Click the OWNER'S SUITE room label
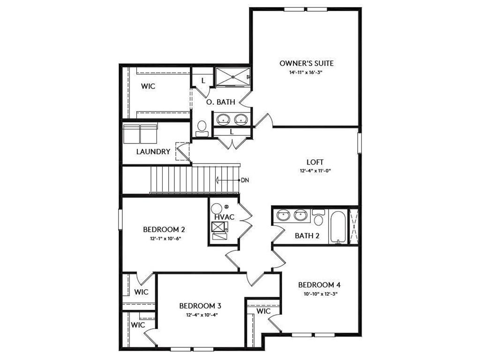coord(307,63)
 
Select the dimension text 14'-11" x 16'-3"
coord(307,73)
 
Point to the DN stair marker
coord(244,180)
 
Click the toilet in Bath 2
coord(318,218)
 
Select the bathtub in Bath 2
coord(337,227)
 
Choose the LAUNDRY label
coord(153,152)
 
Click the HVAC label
coord(225,217)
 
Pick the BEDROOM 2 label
coord(164,230)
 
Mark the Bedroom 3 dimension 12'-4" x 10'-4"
coord(200,315)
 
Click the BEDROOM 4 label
coord(319,285)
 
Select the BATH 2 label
coord(307,236)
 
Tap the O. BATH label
coord(221,102)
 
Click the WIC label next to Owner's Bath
coord(149,87)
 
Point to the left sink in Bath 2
coord(283,216)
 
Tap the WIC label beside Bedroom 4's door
coord(263,311)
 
